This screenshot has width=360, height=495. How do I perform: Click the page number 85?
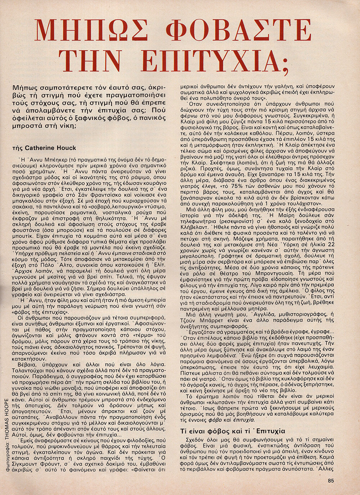(x=332, y=479)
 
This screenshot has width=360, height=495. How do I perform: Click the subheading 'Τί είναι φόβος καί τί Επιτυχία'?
(x=232, y=431)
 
